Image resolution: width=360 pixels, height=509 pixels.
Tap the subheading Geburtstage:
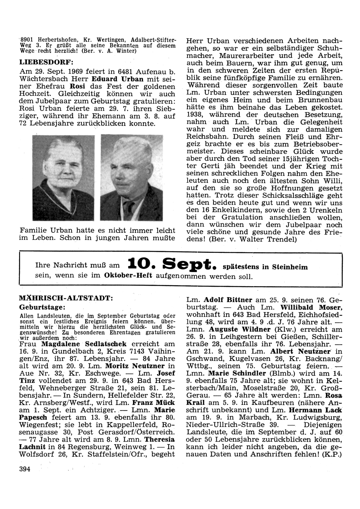pyautogui.click(x=42, y=307)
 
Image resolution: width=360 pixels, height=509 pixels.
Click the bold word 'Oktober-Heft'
pyautogui.click(x=128, y=276)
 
